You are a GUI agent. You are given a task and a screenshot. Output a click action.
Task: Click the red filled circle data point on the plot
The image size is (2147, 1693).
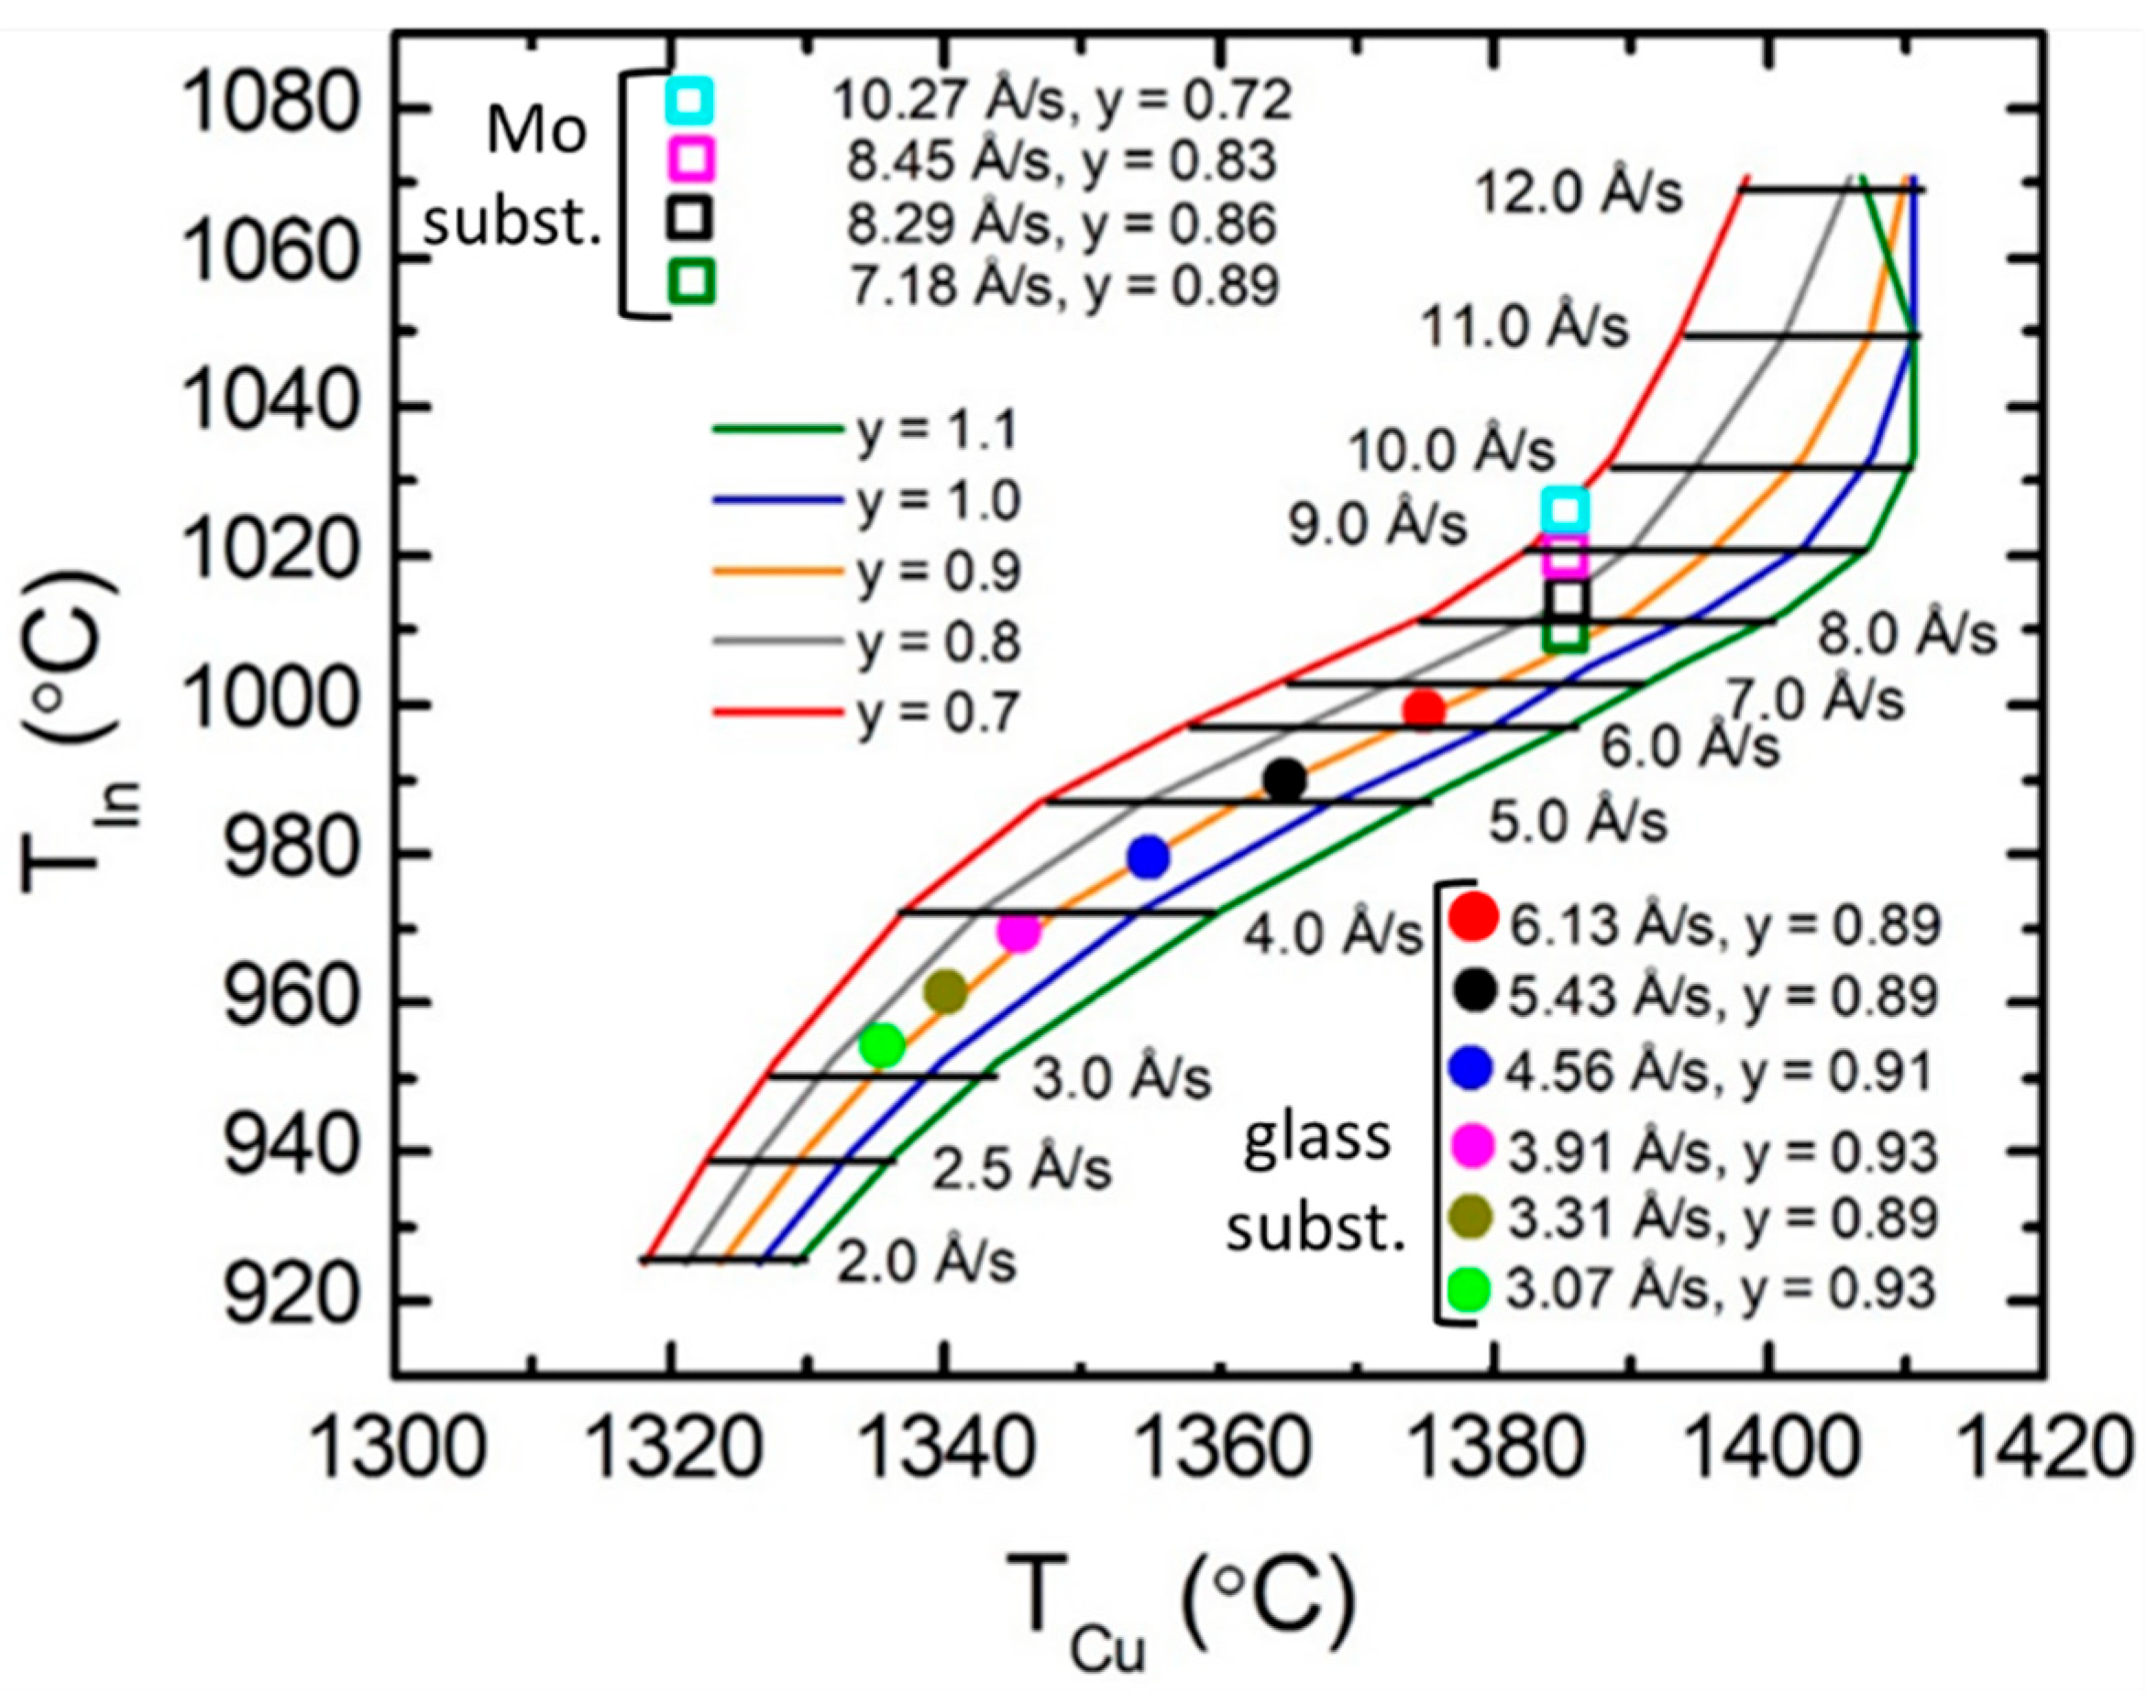point(1424,710)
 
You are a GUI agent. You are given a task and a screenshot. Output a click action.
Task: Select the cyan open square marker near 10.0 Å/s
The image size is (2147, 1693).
point(1565,510)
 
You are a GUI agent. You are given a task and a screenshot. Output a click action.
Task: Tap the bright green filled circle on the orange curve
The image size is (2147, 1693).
point(882,1044)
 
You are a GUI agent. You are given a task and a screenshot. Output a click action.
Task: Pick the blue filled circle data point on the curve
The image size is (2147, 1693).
point(1149,857)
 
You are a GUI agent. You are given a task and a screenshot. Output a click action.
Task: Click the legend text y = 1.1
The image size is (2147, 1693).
point(937,431)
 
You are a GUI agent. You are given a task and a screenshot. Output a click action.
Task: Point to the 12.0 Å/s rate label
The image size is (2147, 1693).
point(1579,191)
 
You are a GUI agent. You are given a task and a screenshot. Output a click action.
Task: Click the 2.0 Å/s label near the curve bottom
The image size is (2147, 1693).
point(927,1262)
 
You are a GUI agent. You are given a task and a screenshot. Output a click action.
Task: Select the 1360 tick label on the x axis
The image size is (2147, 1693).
point(1217,1455)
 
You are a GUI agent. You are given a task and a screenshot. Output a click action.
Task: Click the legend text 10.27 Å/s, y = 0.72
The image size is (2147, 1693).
point(1061,100)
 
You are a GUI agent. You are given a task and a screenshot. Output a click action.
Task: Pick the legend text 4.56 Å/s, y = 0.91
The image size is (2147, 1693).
point(1721,1072)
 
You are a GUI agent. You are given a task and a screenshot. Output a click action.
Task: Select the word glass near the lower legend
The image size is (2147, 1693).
point(1317,1140)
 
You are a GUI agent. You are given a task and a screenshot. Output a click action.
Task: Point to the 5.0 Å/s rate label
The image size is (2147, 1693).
point(1579,822)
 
